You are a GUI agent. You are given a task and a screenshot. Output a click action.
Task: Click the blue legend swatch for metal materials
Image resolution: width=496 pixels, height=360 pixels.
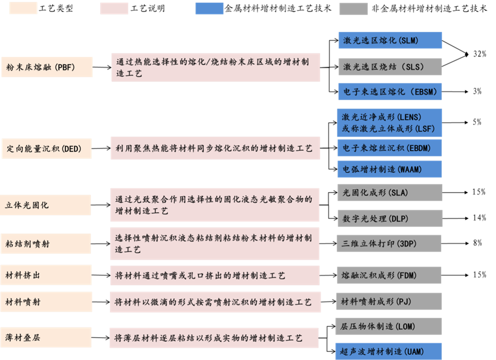209,9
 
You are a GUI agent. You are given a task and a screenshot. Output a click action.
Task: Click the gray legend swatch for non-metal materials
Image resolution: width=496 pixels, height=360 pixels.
353,9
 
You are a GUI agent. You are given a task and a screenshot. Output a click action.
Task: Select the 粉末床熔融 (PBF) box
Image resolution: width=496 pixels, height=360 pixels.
47,67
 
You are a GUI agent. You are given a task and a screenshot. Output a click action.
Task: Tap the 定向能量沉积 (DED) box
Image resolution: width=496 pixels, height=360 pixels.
46,148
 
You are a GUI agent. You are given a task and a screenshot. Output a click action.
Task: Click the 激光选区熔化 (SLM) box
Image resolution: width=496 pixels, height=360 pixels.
390,40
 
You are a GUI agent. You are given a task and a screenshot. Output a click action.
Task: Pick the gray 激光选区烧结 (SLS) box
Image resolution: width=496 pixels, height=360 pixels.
390,66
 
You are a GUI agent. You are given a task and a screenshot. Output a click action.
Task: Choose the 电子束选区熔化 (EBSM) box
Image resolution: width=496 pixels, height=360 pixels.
390,91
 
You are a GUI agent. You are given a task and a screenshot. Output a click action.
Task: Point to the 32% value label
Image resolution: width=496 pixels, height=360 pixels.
479,54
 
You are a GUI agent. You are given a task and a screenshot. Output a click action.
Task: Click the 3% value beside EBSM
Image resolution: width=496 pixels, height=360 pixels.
477,91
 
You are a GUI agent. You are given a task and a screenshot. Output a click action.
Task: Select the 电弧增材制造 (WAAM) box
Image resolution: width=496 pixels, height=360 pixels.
389,169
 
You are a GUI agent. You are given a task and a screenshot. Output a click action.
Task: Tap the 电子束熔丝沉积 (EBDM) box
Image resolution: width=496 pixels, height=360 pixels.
389,148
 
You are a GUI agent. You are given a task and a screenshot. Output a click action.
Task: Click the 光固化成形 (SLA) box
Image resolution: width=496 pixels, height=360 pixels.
390,193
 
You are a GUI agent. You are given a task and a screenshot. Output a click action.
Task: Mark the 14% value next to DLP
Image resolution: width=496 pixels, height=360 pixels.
479,218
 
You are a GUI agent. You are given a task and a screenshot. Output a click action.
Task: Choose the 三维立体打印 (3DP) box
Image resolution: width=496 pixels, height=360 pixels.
389,243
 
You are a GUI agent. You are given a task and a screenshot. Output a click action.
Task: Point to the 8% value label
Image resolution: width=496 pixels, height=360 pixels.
477,242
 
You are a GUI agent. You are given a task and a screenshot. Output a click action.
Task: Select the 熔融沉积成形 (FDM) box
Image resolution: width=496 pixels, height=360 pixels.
389,275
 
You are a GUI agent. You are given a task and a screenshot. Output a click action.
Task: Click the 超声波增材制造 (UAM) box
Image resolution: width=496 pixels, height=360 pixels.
389,351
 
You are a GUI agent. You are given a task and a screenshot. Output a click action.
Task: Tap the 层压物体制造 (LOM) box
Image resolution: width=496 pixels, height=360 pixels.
389,327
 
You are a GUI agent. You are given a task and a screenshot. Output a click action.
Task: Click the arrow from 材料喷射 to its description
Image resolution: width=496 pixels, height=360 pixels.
101,302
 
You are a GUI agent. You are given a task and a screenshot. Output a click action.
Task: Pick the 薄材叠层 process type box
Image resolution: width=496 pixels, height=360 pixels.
46,338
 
